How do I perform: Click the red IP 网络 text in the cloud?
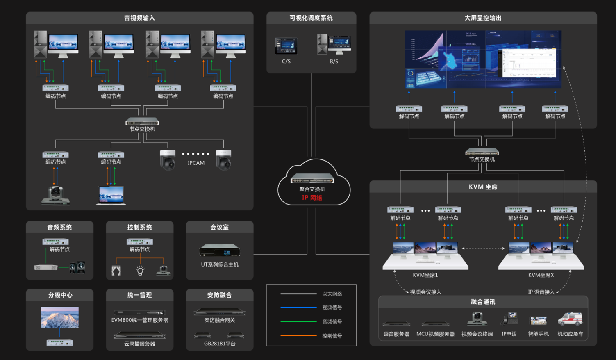click(312, 198)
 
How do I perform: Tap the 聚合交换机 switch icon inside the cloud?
click(312, 178)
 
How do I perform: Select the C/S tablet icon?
click(286, 46)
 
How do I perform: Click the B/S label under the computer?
click(334, 62)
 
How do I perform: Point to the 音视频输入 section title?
click(139, 18)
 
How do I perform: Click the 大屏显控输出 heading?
click(483, 18)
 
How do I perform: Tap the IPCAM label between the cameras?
click(196, 163)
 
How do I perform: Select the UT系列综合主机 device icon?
click(220, 250)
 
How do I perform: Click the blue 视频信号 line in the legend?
click(298, 308)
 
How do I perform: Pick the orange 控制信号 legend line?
click(298, 336)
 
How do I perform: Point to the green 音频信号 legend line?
click(298, 322)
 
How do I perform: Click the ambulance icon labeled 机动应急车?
click(570, 319)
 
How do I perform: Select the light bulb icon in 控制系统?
click(140, 270)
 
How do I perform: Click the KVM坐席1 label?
click(425, 275)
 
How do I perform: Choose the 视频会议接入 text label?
click(425, 292)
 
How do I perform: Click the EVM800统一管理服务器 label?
click(140, 320)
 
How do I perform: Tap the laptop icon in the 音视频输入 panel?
click(111, 196)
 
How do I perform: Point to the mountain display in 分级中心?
click(59, 317)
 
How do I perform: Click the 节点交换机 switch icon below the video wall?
click(482, 152)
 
